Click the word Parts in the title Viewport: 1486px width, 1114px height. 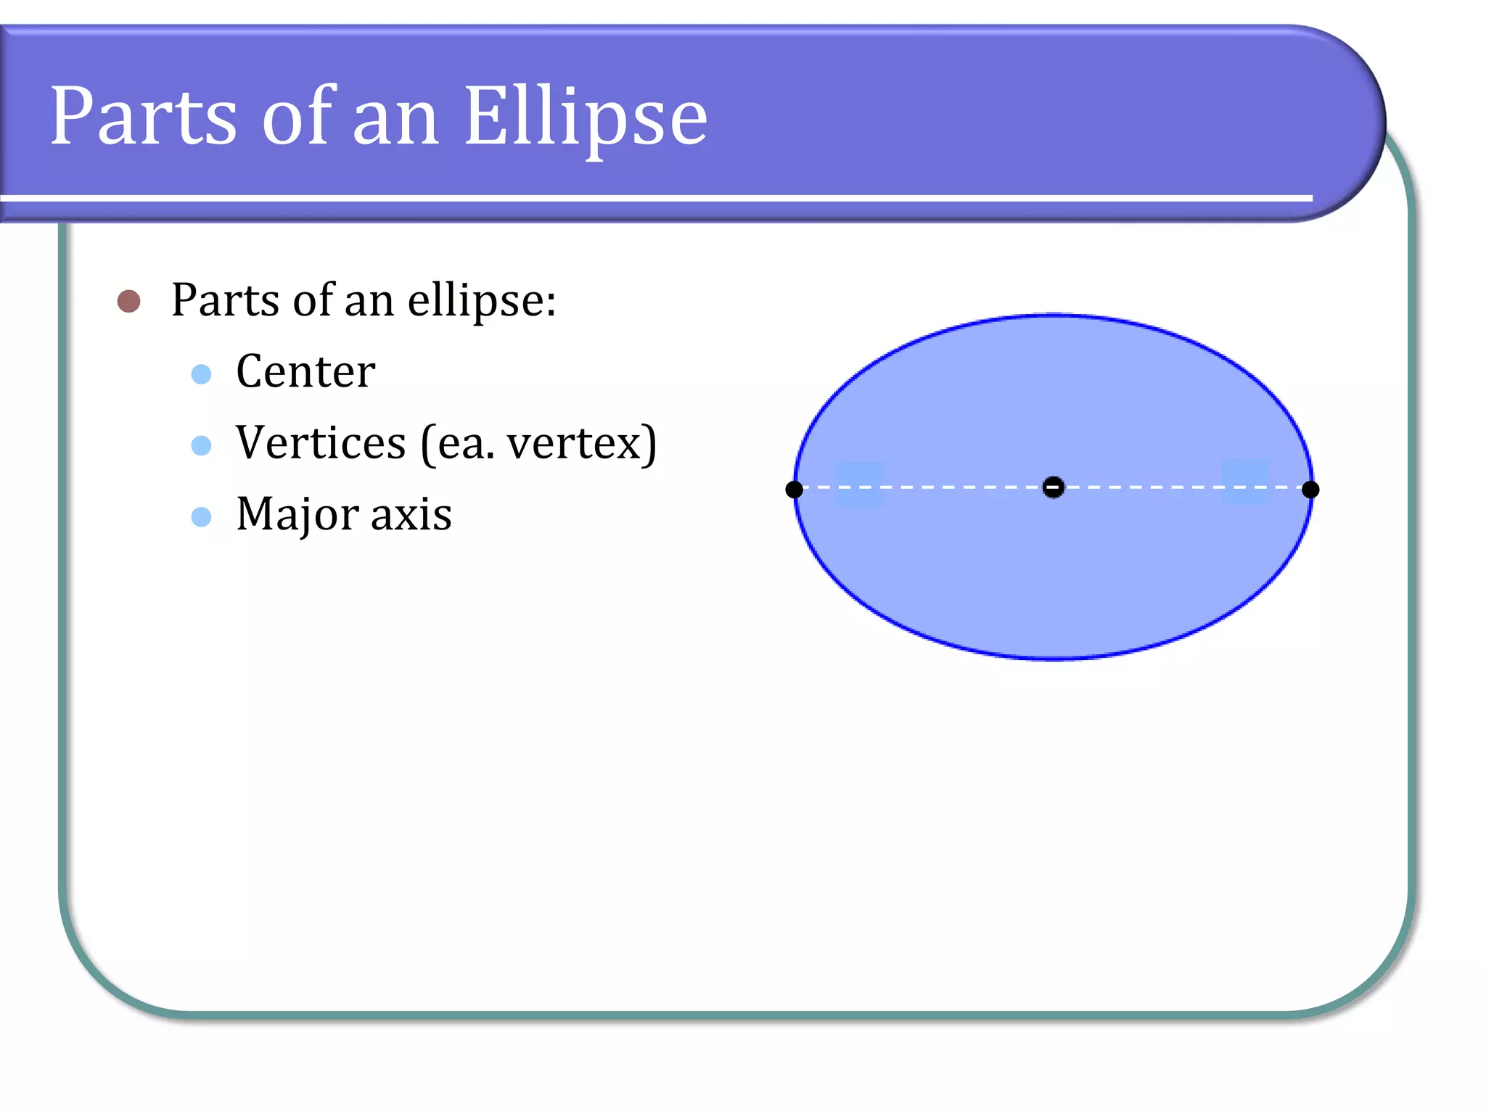143,116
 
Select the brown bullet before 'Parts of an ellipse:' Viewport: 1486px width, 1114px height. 129,301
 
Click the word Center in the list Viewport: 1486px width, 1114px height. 305,371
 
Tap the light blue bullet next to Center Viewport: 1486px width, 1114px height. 201,374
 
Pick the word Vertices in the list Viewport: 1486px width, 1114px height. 321,442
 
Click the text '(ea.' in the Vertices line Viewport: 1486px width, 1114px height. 457,443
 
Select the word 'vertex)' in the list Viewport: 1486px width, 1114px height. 581,443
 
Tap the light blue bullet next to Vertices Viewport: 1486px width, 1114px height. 201,445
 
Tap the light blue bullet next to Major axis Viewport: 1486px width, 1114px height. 201,516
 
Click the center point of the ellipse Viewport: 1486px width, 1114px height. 1053,487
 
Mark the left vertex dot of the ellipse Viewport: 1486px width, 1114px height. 795,490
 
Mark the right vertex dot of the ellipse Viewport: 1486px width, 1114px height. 1310,490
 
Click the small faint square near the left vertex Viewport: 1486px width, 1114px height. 860,484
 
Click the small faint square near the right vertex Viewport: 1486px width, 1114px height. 1246,482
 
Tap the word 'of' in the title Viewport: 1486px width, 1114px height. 297,116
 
